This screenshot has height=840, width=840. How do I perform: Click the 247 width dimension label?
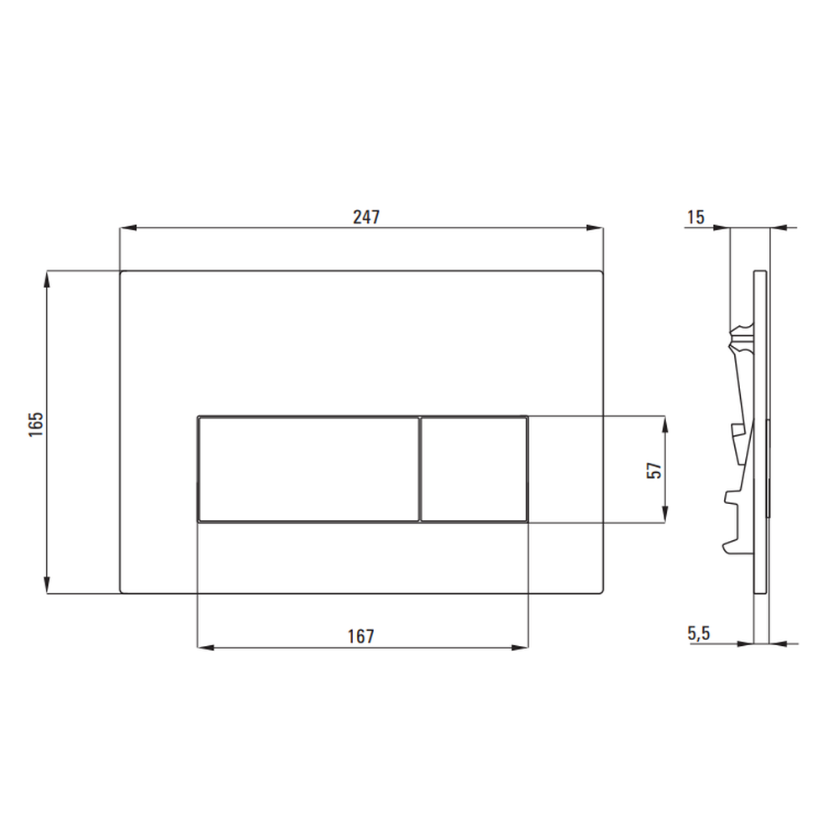tap(366, 217)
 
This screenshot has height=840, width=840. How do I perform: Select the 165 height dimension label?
tap(36, 425)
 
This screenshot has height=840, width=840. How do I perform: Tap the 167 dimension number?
tap(360, 637)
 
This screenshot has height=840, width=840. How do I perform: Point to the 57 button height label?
tap(654, 470)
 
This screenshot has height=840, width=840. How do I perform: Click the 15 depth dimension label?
tap(696, 217)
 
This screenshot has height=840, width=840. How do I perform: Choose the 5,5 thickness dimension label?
tap(699, 633)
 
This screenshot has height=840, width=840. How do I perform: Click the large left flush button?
tap(308, 470)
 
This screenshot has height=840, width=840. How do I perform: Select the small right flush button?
tap(474, 470)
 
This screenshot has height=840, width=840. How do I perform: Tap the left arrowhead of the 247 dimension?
tap(129, 228)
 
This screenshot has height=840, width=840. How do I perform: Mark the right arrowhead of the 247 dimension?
tap(595, 228)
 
